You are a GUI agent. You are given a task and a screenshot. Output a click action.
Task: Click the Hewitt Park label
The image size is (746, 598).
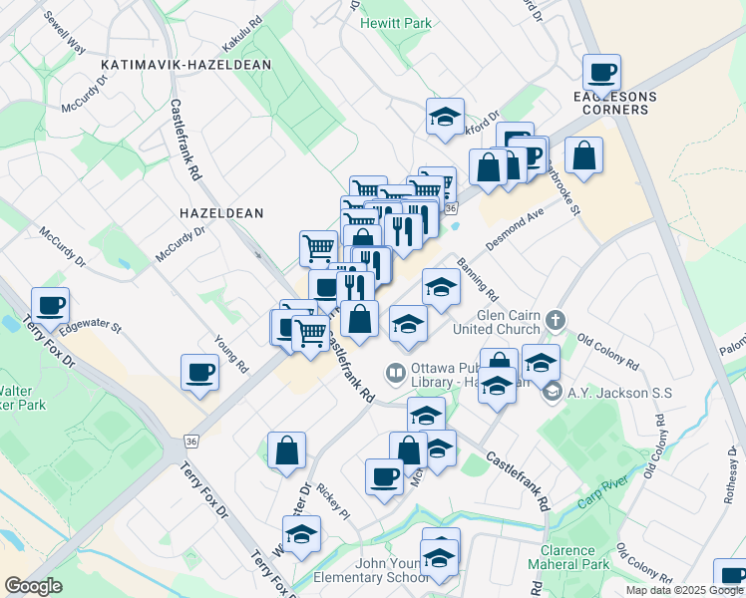396,22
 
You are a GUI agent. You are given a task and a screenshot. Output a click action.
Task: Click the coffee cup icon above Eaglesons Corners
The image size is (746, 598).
601,72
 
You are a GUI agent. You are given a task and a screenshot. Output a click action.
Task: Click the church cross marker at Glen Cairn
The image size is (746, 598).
557,320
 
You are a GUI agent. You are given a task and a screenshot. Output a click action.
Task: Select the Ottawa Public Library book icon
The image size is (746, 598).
396,374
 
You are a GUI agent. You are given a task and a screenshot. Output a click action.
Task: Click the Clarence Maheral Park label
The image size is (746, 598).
573,557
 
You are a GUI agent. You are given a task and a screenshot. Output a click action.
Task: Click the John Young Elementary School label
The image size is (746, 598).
372,570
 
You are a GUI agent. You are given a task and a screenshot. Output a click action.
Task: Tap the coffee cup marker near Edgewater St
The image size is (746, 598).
50,304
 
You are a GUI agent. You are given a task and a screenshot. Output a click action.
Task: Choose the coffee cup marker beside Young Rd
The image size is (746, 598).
200,373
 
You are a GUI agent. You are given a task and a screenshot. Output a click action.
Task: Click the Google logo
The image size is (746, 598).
33,585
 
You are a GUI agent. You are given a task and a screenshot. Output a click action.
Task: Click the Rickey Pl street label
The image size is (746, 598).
332,502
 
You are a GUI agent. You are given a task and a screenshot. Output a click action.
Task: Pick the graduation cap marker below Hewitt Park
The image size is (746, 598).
445,116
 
